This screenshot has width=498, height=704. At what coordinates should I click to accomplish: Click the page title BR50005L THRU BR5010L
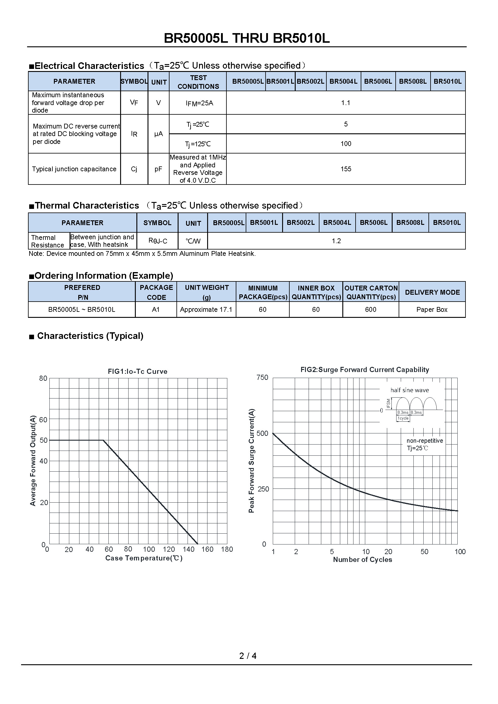pos(247,38)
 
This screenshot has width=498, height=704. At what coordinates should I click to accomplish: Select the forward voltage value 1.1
pos(346,103)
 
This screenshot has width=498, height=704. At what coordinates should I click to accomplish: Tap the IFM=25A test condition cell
pos(199,103)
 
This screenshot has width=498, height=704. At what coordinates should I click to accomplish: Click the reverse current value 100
pos(346,144)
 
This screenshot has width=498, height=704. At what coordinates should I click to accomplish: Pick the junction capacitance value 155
pos(346,169)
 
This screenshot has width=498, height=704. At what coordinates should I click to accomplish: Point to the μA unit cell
pos(159,134)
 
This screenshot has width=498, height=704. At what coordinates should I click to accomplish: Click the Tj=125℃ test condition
pos(198,144)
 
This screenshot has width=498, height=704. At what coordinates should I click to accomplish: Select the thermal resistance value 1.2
pos(336,241)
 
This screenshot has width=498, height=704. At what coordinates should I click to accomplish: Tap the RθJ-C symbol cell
pos(157,241)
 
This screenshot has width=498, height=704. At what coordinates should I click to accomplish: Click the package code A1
pos(156,310)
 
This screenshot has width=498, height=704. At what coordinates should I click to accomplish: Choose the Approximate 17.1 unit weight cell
pos(206,310)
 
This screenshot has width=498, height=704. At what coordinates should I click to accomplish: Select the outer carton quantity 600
pos(370,310)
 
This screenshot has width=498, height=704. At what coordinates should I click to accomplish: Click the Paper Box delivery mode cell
pos(432,310)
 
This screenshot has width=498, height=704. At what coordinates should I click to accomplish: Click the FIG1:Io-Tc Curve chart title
pos(137,371)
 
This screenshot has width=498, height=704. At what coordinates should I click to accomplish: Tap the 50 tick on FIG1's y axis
pos(44,440)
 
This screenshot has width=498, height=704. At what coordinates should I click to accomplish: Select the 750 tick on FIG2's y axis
pos(262,377)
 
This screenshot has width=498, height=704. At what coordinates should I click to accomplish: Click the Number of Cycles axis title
pos(363,560)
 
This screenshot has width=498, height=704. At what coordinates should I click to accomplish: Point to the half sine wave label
pos(409,390)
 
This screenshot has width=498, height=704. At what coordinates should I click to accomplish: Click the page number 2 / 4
pos(248,656)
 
